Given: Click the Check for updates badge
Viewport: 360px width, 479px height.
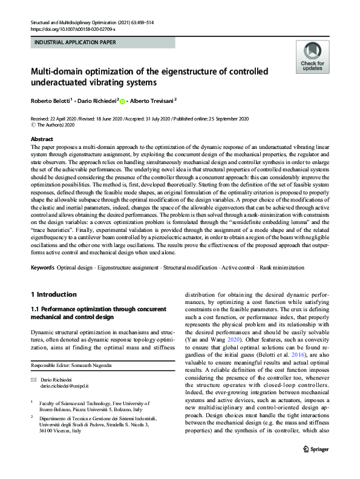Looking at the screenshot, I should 312,57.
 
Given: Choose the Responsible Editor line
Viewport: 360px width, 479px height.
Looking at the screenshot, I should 69,366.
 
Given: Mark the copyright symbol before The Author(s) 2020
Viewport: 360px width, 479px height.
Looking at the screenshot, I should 33,125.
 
